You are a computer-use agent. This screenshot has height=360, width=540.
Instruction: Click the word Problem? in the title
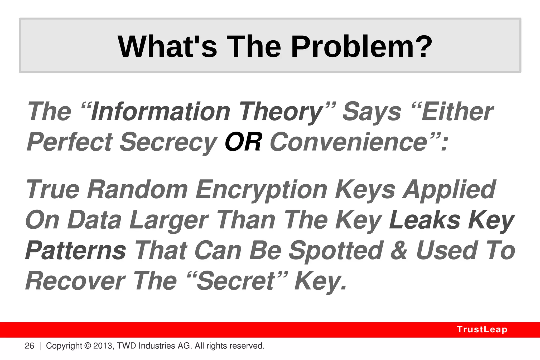click(361, 47)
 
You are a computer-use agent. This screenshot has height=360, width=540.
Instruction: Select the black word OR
click(243, 142)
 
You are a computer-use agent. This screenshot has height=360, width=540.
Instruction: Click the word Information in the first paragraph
click(161, 112)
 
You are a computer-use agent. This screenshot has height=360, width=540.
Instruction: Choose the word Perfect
click(70, 142)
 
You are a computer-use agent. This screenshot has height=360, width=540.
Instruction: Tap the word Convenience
click(348, 142)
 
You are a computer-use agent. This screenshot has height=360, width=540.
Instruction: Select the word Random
click(137, 189)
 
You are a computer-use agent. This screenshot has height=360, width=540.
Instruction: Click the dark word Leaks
click(425, 220)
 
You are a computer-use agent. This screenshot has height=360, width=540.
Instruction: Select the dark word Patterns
click(76, 251)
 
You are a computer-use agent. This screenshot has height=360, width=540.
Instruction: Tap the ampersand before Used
click(399, 251)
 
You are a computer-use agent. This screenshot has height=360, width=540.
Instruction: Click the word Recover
click(75, 281)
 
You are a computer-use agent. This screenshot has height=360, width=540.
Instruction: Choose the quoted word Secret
click(236, 281)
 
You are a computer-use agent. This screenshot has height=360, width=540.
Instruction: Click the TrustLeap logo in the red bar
click(482, 329)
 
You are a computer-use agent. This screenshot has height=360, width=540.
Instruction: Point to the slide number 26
click(29, 346)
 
